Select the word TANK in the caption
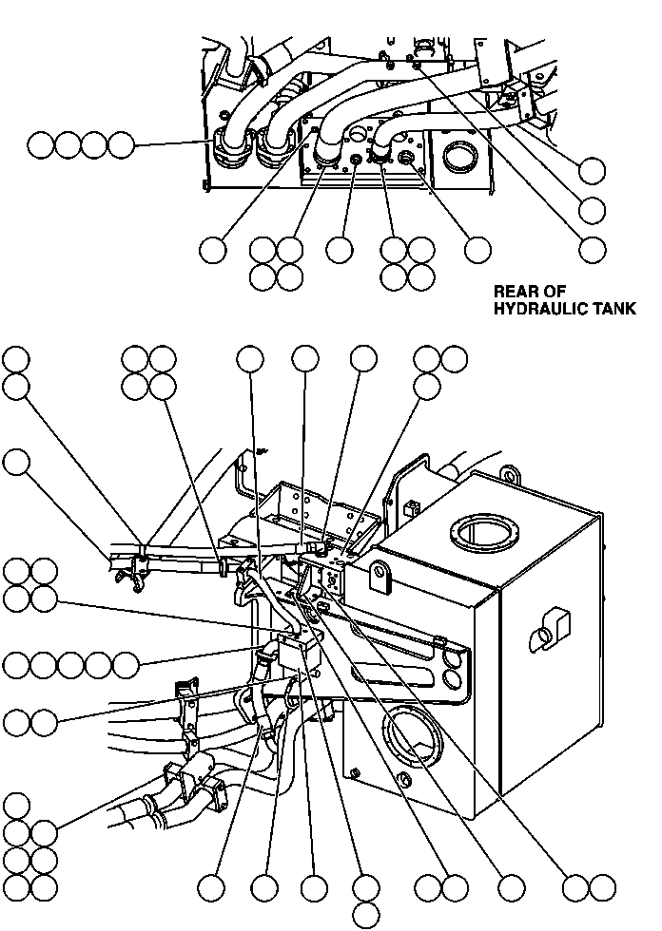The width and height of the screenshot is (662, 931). [x=614, y=309]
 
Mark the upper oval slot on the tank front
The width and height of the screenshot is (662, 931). [x=454, y=655]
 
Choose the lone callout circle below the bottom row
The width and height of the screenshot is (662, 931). [x=365, y=915]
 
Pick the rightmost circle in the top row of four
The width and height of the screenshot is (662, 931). [x=121, y=145]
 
